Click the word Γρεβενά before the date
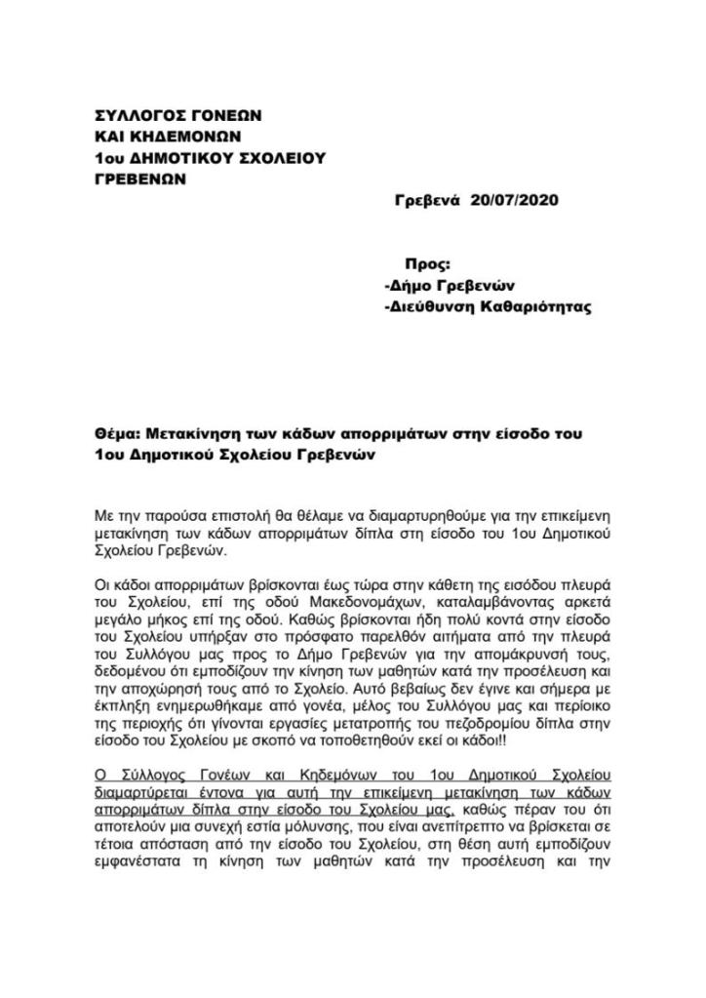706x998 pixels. point(426,201)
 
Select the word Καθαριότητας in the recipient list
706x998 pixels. point(533,306)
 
